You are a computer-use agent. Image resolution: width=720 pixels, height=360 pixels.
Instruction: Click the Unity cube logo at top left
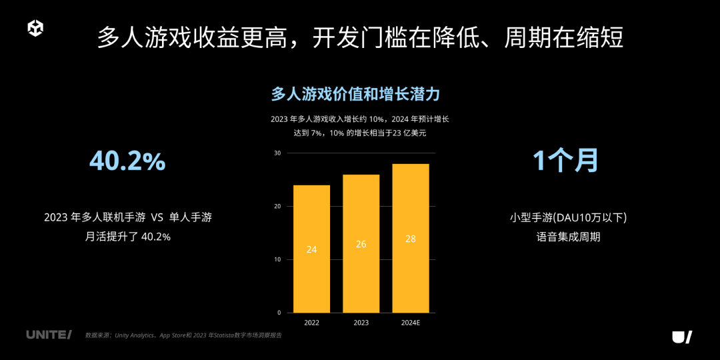[35, 29]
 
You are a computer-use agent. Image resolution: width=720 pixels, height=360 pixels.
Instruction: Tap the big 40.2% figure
[127, 161]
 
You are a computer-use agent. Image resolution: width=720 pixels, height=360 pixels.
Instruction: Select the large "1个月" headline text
[565, 161]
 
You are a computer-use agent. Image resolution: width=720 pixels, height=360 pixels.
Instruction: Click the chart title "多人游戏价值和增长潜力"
[355, 94]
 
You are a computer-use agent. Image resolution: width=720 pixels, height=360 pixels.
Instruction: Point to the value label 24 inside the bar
[311, 249]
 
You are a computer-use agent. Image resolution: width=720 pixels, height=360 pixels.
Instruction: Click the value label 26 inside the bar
[361, 244]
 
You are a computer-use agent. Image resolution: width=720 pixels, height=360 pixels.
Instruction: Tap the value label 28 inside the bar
[410, 239]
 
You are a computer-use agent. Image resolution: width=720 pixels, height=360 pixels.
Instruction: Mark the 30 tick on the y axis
[277, 153]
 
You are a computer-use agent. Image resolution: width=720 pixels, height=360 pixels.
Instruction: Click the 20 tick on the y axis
[277, 207]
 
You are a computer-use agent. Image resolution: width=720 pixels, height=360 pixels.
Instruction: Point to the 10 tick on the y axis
[277, 259]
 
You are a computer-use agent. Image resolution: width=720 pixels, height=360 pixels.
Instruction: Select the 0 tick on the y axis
[279, 313]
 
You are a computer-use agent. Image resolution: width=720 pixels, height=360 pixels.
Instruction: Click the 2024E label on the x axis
[410, 323]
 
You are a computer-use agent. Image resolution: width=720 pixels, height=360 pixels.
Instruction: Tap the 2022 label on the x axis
[311, 323]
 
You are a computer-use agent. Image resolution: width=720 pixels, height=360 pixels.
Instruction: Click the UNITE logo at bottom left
[49, 335]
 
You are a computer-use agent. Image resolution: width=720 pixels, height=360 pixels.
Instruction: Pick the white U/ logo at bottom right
[681, 337]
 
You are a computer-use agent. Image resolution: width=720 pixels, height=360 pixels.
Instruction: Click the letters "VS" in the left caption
[157, 217]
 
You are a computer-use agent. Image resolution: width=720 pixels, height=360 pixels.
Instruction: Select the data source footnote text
[183, 335]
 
